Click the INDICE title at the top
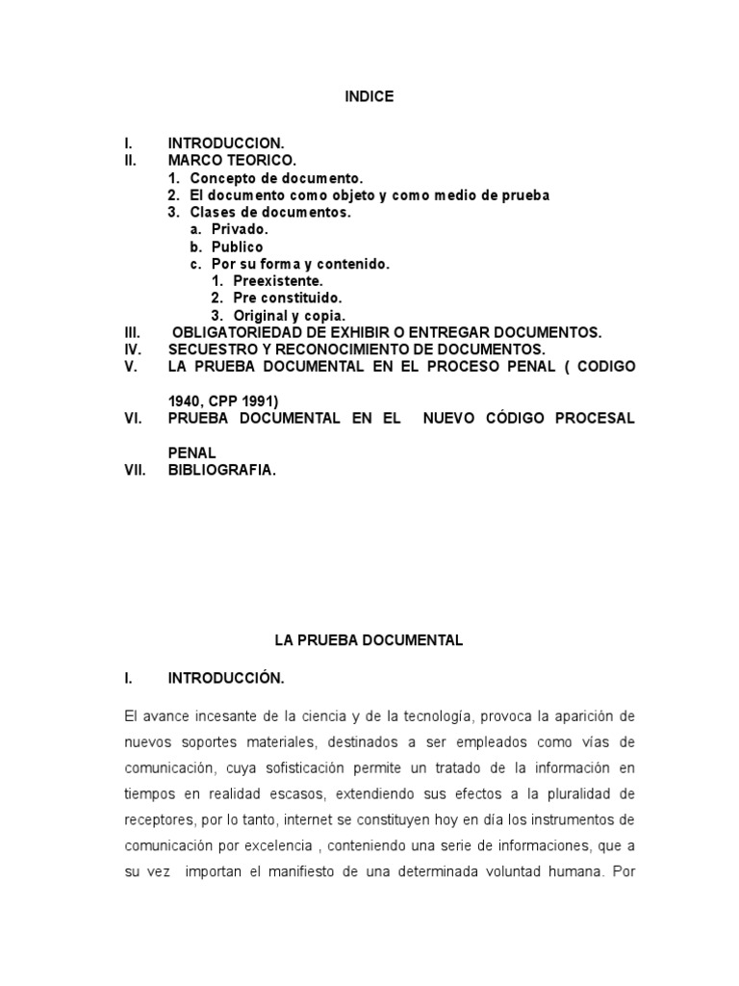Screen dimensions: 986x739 (x=369, y=97)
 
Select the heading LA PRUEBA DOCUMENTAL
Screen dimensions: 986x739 (x=369, y=639)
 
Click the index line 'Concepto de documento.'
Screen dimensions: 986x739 (x=276, y=178)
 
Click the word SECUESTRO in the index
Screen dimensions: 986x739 (x=211, y=350)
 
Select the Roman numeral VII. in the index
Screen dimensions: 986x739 (x=135, y=470)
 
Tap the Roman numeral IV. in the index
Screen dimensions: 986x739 (x=133, y=350)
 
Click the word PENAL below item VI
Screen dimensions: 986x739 (x=191, y=453)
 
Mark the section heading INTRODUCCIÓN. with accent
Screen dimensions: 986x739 (x=226, y=678)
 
